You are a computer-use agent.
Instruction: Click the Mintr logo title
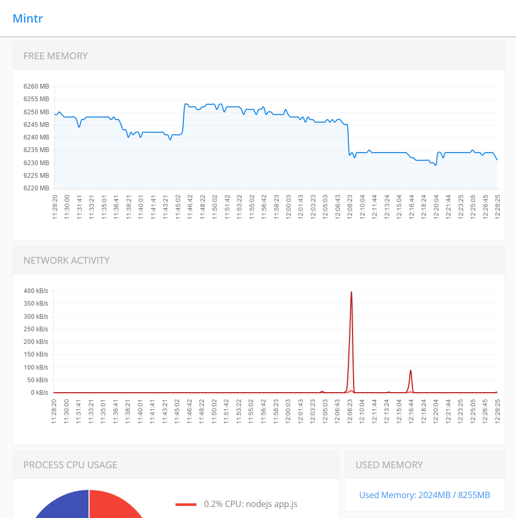(28, 18)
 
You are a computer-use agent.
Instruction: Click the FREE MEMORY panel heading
(56, 56)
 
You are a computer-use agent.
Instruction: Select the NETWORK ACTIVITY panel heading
(67, 261)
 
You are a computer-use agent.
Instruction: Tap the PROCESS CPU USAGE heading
(70, 465)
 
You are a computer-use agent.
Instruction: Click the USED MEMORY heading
(389, 465)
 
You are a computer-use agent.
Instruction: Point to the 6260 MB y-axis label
(36, 87)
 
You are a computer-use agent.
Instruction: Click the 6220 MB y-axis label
(36, 188)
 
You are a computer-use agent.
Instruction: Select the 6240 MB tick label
(36, 137)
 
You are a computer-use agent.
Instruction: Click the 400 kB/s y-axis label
(36, 291)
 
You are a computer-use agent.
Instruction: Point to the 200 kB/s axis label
(36, 342)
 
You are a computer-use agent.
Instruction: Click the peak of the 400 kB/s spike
(351, 292)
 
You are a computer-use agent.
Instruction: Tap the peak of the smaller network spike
(411, 371)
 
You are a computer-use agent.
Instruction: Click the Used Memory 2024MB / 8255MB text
(424, 495)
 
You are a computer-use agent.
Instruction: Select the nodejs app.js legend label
(250, 504)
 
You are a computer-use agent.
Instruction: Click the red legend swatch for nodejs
(186, 504)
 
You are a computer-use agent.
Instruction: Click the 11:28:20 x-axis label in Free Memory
(54, 207)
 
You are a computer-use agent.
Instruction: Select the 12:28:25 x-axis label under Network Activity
(497, 411)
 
